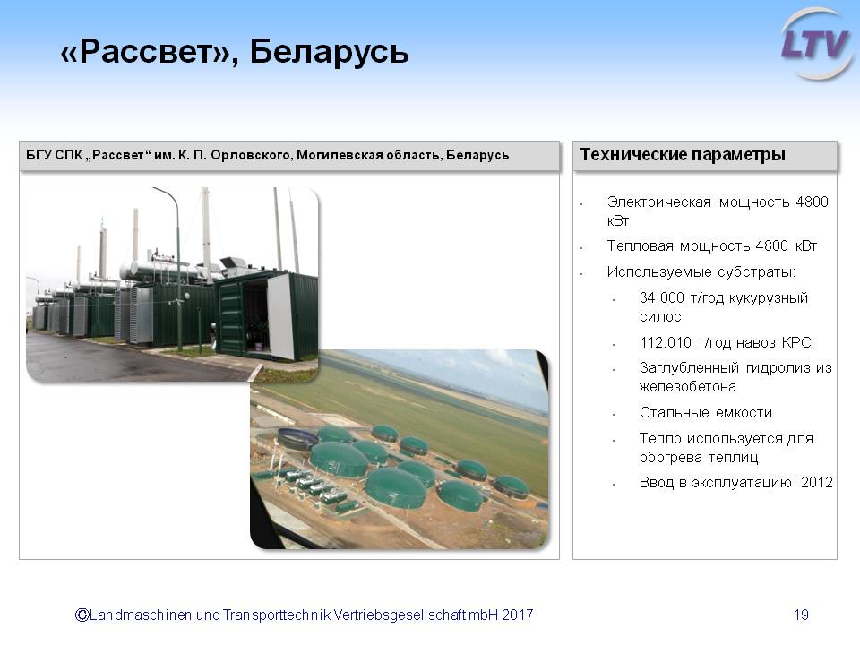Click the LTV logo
click(816, 44)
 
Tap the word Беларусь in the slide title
click(329, 52)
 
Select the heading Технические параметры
click(683, 155)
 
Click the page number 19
click(801, 615)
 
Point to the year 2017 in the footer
click(517, 615)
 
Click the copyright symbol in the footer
click(82, 615)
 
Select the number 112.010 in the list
click(665, 343)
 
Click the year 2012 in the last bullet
click(817, 483)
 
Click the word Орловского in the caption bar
click(250, 155)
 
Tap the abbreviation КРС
click(796, 343)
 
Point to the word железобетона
click(688, 387)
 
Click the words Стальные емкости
click(706, 412)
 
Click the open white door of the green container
click(279, 316)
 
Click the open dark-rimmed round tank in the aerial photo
click(297, 438)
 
